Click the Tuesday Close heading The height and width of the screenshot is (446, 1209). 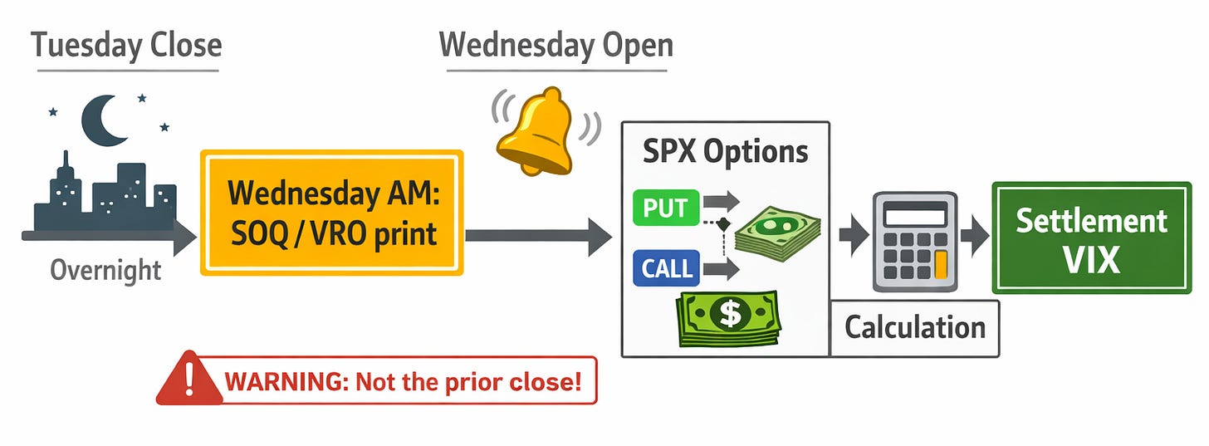point(126,45)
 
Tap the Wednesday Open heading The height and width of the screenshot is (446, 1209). point(556,45)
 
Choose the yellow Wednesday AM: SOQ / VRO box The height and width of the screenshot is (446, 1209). point(331,213)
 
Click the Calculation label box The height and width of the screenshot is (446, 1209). point(914,328)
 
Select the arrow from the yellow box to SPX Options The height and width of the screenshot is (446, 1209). point(539,237)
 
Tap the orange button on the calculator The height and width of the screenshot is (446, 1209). point(940,266)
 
